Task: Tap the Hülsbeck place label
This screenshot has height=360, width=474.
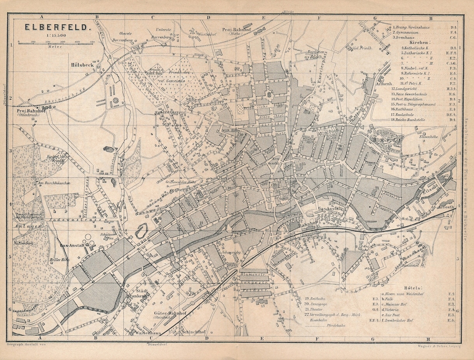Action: click(82, 65)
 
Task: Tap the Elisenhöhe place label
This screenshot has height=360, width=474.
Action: click(429, 137)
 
